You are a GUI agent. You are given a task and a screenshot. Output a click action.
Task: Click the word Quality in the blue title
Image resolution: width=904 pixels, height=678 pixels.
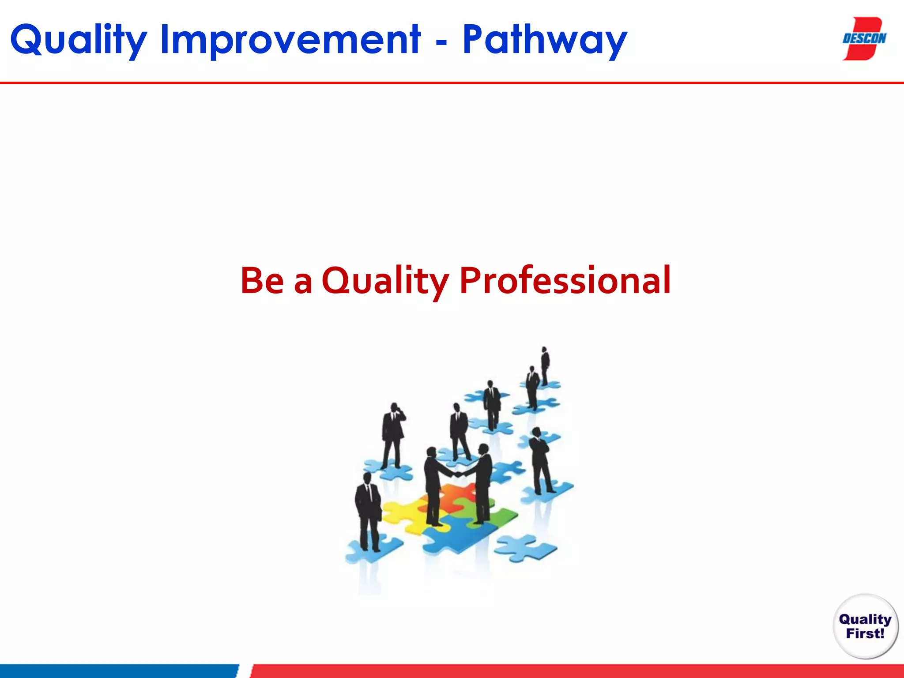pyautogui.click(x=79, y=40)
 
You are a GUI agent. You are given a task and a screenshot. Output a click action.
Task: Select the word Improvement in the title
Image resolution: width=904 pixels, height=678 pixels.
pyautogui.click(x=290, y=40)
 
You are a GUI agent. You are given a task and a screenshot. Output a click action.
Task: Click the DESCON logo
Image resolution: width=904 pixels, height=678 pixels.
pyautogui.click(x=864, y=38)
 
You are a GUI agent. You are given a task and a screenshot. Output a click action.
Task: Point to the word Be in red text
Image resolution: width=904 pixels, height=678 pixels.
pyautogui.click(x=261, y=280)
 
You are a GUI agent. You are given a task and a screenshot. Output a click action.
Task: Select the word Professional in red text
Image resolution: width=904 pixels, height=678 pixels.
pyautogui.click(x=565, y=280)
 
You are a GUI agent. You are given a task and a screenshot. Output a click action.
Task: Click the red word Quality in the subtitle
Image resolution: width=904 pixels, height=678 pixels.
pyautogui.click(x=385, y=280)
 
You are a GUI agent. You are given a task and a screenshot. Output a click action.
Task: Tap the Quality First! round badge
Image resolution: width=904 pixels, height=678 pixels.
pyautogui.click(x=865, y=626)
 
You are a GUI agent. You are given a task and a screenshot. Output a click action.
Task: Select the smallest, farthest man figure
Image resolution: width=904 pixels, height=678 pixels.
pyautogui.click(x=545, y=364)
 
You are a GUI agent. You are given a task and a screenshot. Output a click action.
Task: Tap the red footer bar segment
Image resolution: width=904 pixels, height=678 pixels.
pyautogui.click(x=574, y=671)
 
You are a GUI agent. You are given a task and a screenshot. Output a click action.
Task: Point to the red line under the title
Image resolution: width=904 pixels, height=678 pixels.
pyautogui.click(x=452, y=83)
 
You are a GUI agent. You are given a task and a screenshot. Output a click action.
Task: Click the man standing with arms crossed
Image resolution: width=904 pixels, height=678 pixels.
pyautogui.click(x=539, y=459)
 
